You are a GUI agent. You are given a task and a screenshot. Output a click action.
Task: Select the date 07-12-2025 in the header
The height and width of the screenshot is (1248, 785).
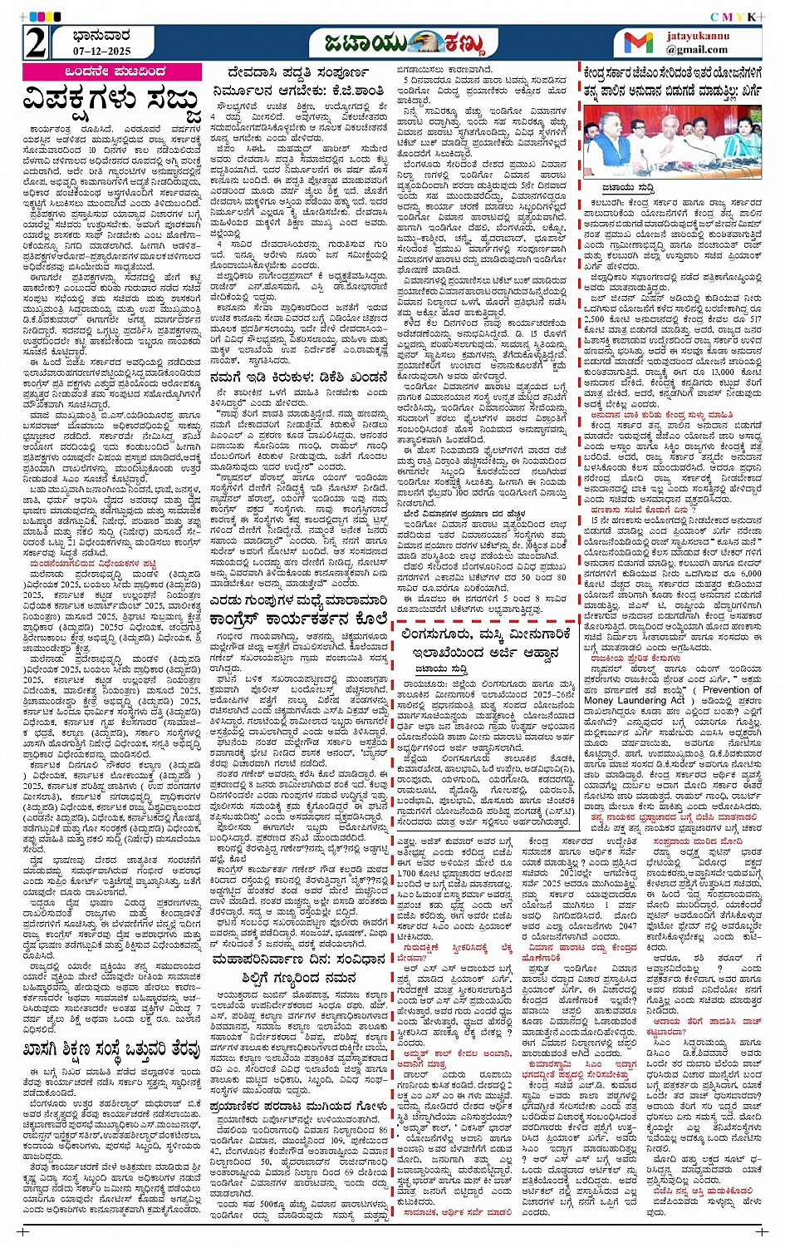point(84,52)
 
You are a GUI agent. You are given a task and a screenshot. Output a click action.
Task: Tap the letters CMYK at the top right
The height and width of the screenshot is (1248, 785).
point(734,17)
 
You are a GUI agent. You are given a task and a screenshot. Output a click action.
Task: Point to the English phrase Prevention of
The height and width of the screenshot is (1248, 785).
point(732,689)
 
